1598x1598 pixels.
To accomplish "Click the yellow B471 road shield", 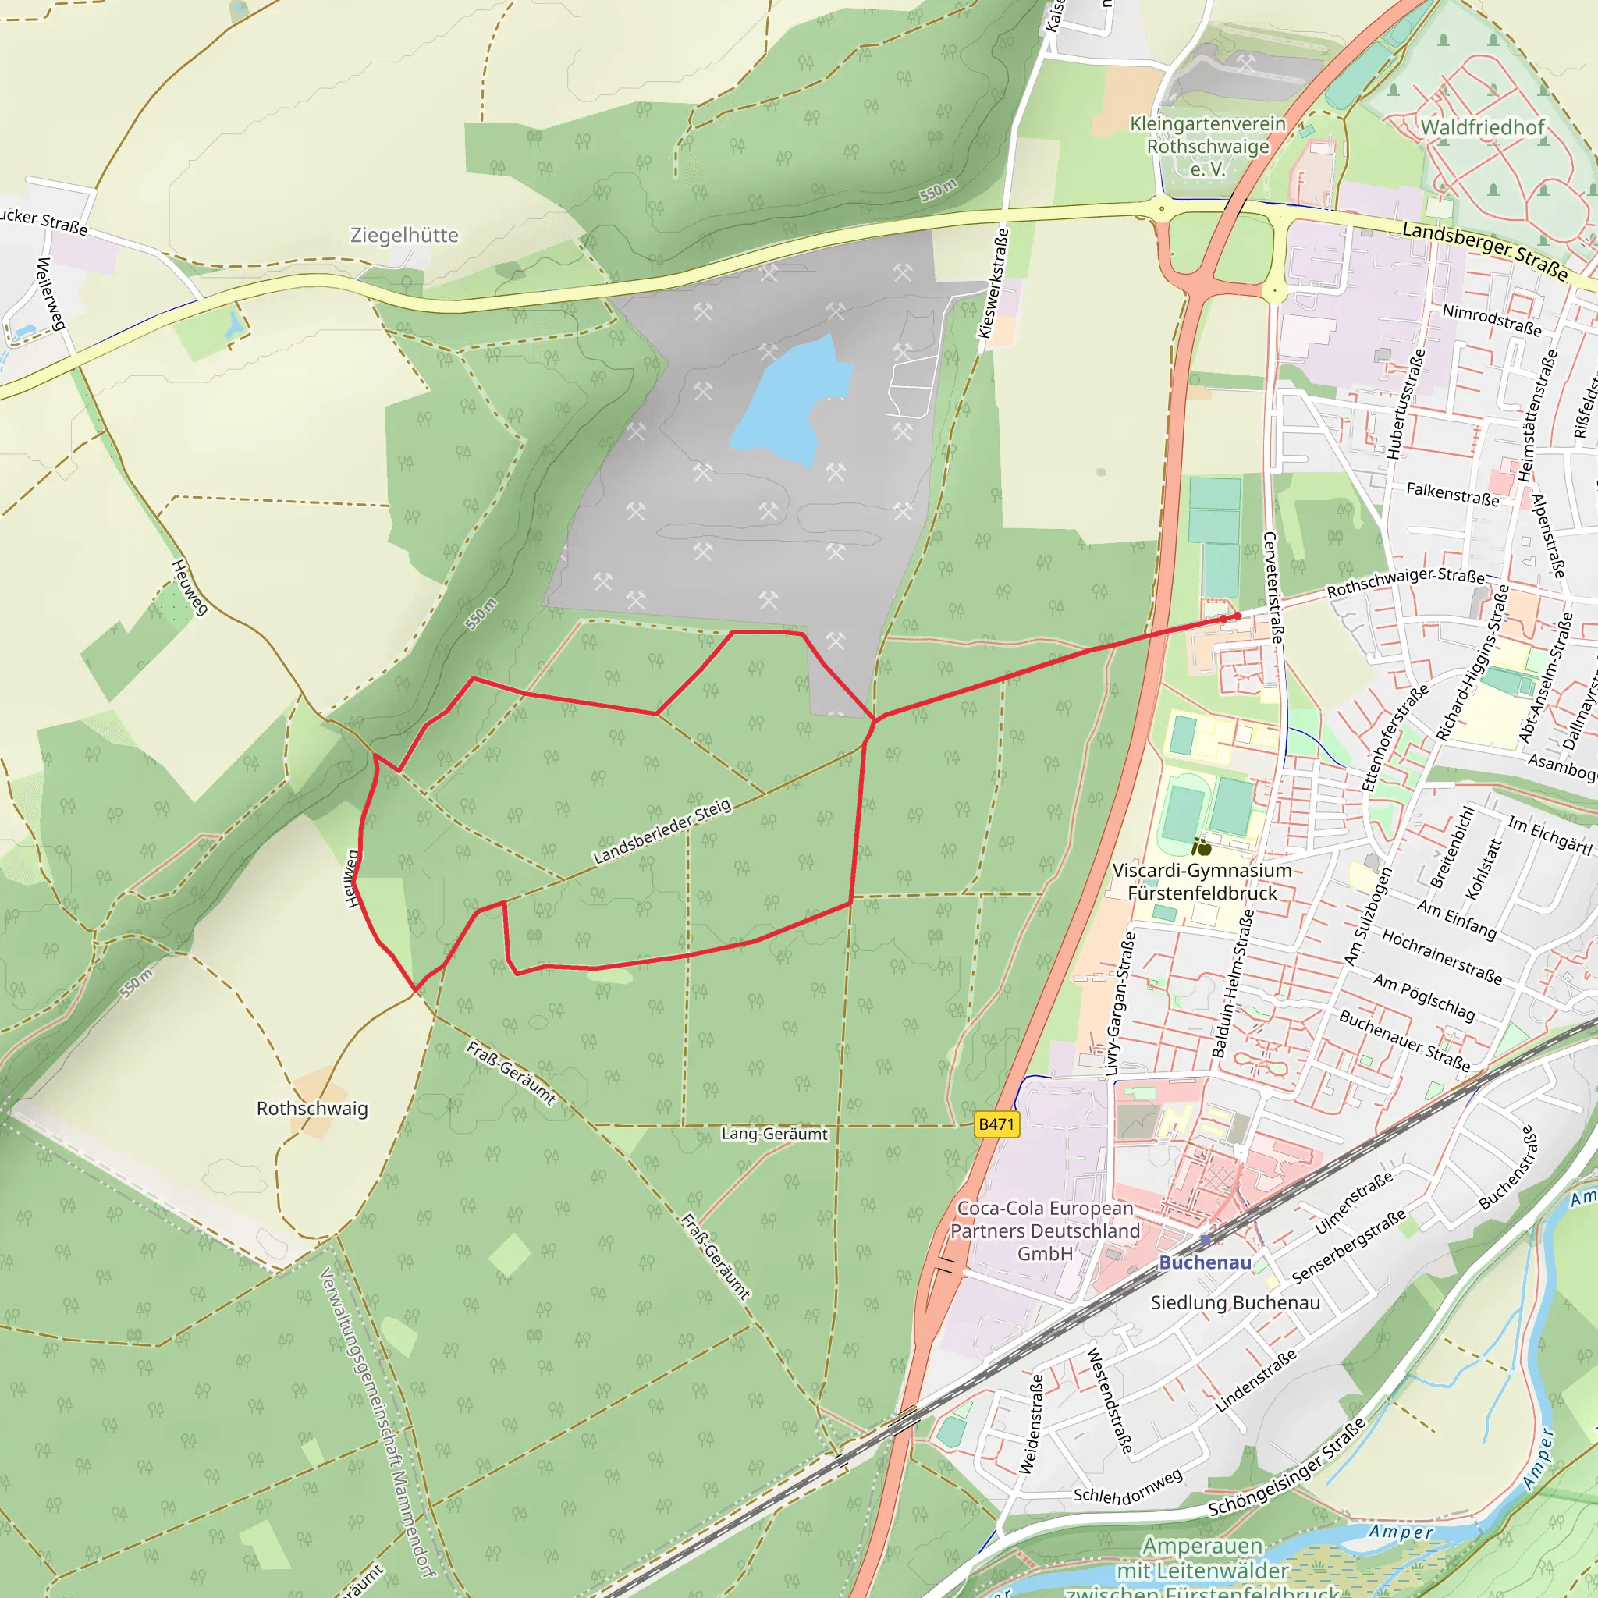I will [996, 1124].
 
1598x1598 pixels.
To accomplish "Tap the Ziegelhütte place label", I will [403, 235].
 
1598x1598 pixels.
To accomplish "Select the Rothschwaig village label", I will [312, 1108].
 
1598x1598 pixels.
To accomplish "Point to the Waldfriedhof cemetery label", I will [1483, 127].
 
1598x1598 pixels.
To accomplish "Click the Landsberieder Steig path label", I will [662, 831].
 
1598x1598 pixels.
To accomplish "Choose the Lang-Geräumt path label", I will [774, 1134].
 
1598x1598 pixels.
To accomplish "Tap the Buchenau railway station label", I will [1204, 1262].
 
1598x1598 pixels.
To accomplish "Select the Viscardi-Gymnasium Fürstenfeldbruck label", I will [1202, 882].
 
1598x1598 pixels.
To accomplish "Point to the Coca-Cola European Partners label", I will [1045, 1230].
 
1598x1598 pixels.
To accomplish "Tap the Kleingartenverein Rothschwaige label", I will [1208, 147].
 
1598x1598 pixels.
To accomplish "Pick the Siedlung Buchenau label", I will [1235, 1303].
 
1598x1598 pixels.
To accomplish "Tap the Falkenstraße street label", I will [1452, 495].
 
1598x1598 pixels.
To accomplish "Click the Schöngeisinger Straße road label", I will [1287, 1468].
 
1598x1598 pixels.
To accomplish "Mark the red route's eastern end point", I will [1238, 616].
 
